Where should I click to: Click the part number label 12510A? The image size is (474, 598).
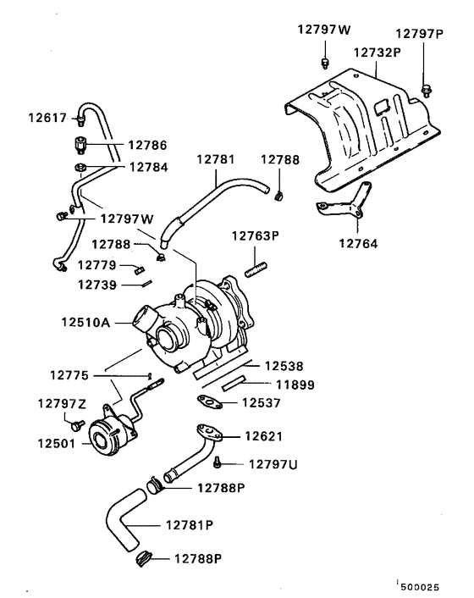coord(86,322)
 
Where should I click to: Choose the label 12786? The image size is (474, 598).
coord(148,145)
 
